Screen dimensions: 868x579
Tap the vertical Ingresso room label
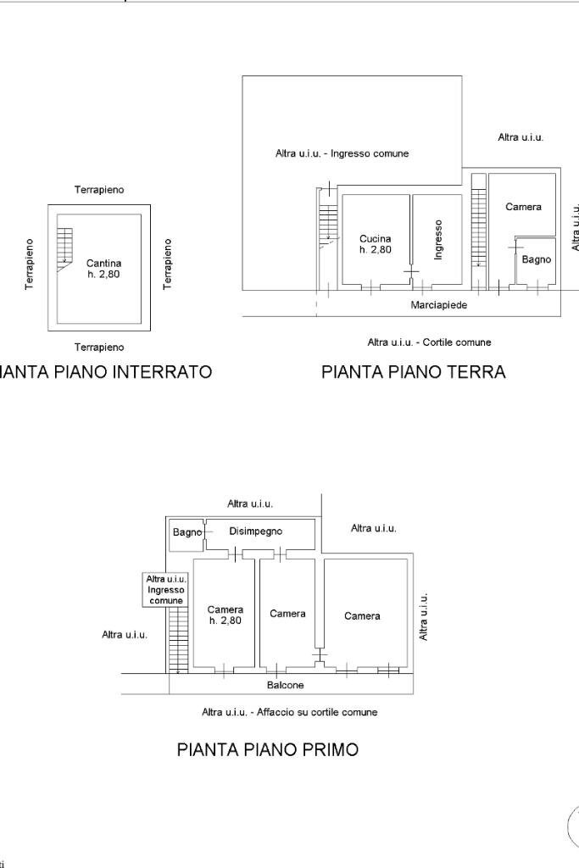(x=438, y=240)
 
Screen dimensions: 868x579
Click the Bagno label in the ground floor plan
(x=536, y=259)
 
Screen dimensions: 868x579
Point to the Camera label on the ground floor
(x=523, y=207)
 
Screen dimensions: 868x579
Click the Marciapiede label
(x=439, y=304)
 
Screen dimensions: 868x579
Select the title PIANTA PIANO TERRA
(x=413, y=371)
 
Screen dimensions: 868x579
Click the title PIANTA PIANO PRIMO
(x=267, y=749)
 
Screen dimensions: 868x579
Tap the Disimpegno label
(x=255, y=531)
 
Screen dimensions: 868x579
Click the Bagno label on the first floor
(x=187, y=532)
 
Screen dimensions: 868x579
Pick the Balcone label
(x=285, y=685)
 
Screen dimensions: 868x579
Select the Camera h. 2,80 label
(x=225, y=615)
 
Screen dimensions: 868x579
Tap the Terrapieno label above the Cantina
(x=99, y=190)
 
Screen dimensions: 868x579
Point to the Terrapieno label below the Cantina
(x=99, y=347)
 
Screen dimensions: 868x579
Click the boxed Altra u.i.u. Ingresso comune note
(x=165, y=589)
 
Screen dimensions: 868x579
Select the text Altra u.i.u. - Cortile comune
(x=429, y=342)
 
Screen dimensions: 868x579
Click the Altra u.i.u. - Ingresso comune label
(x=342, y=153)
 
